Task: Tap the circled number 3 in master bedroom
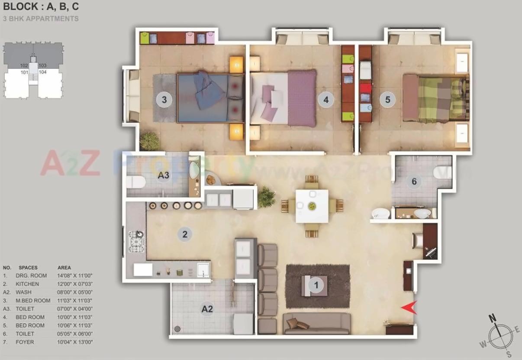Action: pyautogui.click(x=164, y=100)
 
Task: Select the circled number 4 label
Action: pyautogui.click(x=326, y=100)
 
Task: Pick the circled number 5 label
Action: pyautogui.click(x=387, y=100)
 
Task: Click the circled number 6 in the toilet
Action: pyautogui.click(x=414, y=182)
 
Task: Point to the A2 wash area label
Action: pyautogui.click(x=207, y=309)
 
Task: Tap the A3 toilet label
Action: pyautogui.click(x=163, y=175)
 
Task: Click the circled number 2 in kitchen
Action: pyautogui.click(x=185, y=234)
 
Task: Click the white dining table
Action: pyautogui.click(x=312, y=206)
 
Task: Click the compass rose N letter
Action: pyautogui.click(x=492, y=319)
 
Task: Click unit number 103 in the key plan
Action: pyautogui.click(x=42, y=65)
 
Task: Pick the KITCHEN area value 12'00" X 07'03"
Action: pyautogui.click(x=75, y=284)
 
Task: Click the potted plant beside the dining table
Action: pyautogui.click(x=266, y=197)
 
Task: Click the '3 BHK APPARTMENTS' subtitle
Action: pyautogui.click(x=41, y=19)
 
